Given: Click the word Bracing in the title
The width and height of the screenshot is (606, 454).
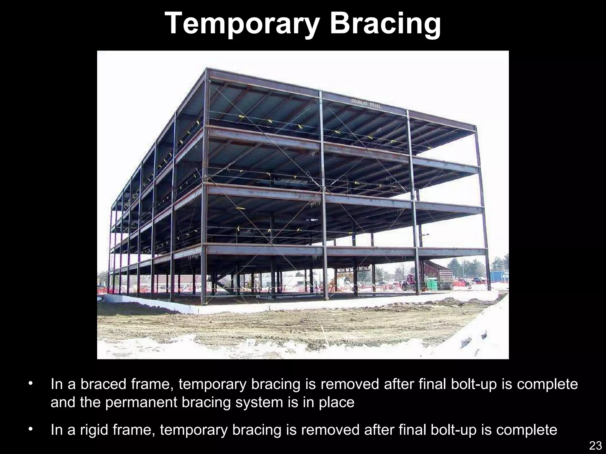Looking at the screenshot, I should [385, 24].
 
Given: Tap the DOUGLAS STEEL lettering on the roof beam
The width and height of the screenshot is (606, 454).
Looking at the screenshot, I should [366, 103].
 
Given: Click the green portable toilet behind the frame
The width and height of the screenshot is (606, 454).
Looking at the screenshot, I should [432, 284].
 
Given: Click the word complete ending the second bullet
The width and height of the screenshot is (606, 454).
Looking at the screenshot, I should [527, 430].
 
